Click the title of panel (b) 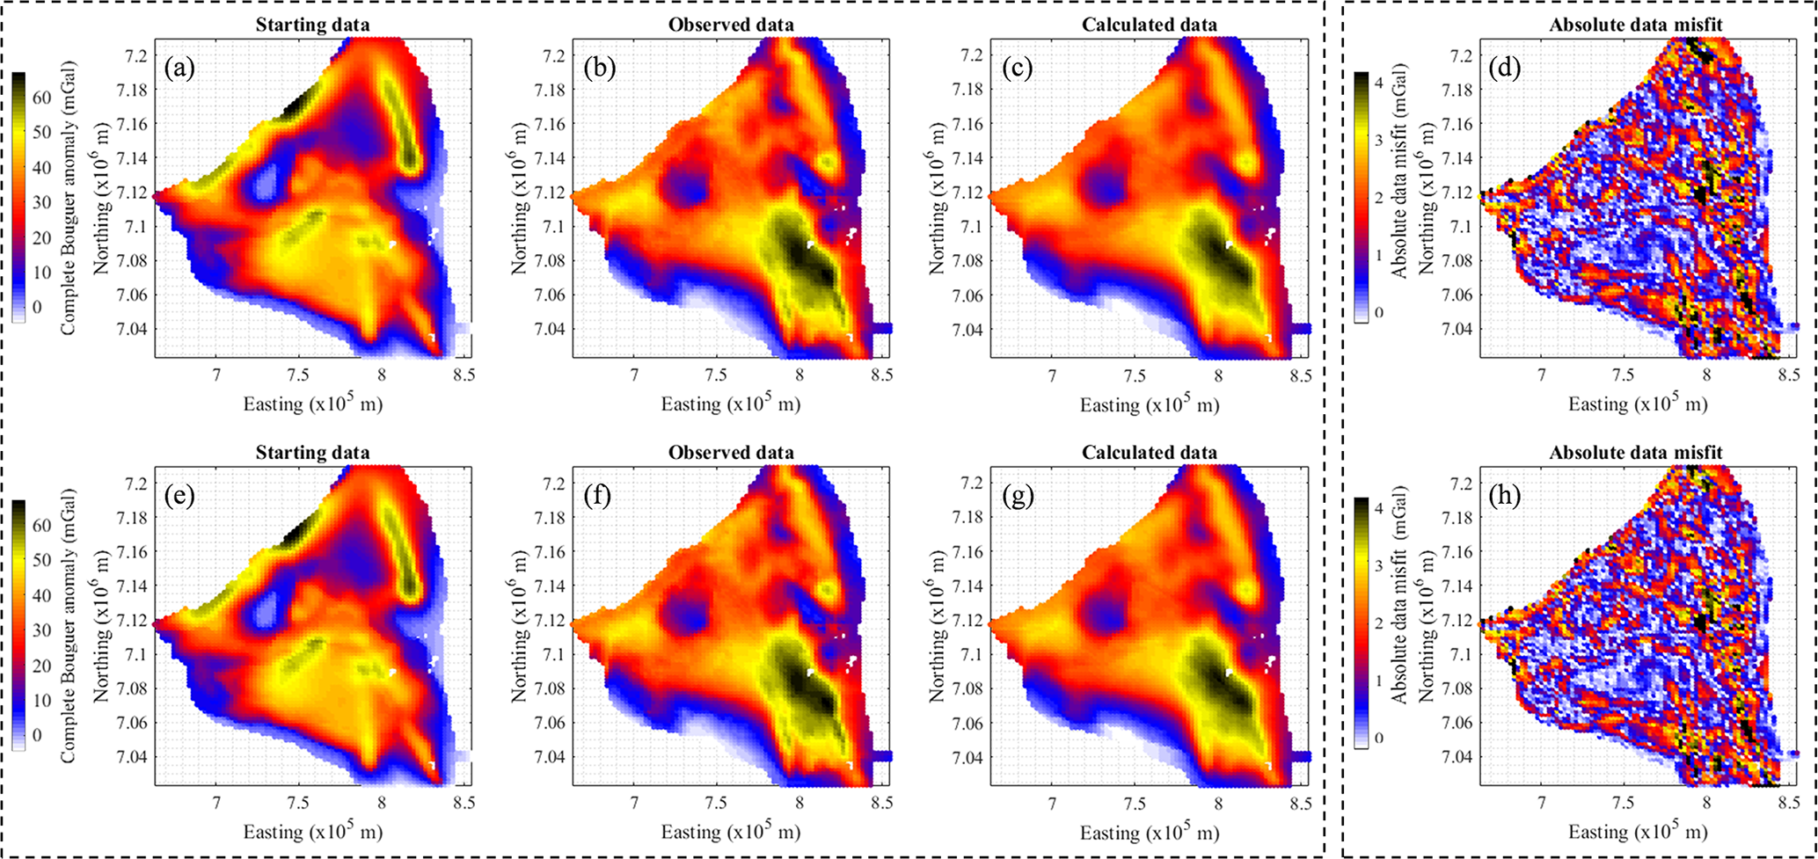[730, 25]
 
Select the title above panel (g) [1149, 453]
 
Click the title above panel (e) [312, 453]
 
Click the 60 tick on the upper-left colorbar [42, 98]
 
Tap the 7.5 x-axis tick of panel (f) [716, 803]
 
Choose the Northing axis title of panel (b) [518, 199]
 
